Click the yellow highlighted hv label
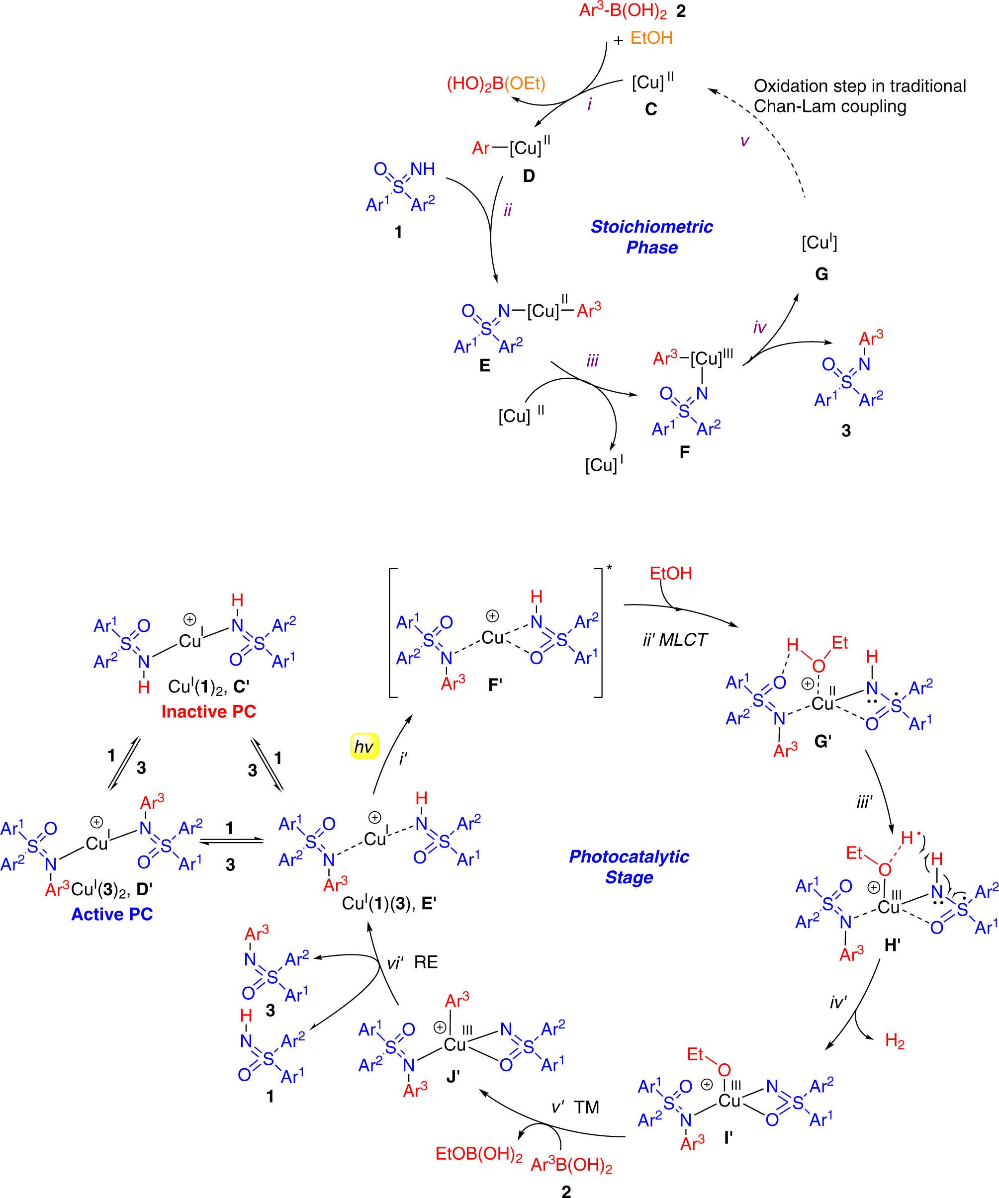point(364,746)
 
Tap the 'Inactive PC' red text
point(209,711)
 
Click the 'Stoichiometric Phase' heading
point(651,237)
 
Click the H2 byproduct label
point(895,1041)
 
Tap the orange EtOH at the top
point(651,38)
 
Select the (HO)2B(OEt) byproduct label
point(496,84)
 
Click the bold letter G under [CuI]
point(821,274)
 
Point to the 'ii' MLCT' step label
point(675,639)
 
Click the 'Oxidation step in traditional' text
point(860,86)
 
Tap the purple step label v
point(744,141)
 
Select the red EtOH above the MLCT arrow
point(671,573)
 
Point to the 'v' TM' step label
point(575,1108)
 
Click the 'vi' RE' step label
point(412,962)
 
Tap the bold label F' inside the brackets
point(495,685)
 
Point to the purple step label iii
point(592,360)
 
